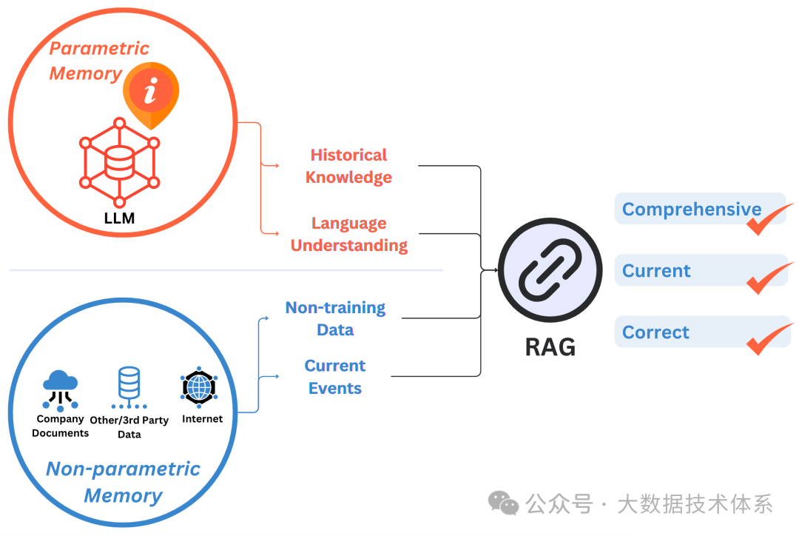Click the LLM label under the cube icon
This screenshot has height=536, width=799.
point(119,218)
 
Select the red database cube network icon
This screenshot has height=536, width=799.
point(119,162)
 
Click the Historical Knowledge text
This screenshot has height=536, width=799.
point(348,166)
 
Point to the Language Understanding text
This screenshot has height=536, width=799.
point(349,234)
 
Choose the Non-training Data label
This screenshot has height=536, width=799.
point(335,318)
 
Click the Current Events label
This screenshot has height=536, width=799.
point(335,377)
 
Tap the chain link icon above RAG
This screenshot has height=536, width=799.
point(550,272)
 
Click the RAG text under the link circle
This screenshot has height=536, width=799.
point(550,346)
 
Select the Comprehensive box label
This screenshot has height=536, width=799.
point(691,210)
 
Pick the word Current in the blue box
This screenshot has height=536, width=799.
point(656,271)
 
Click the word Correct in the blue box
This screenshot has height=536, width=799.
point(655,332)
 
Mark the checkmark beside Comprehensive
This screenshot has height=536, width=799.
point(769,219)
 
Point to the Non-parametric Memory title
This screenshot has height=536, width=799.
point(123,482)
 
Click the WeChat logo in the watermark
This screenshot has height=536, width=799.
point(503,503)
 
